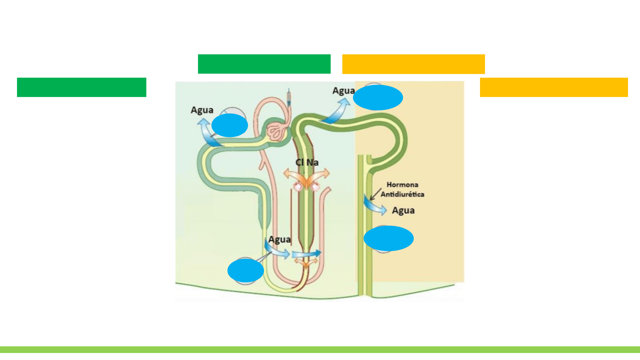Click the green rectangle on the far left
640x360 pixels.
tap(81, 87)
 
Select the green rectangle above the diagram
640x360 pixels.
tap(264, 64)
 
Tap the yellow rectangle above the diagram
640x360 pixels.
tap(413, 64)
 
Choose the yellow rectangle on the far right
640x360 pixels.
tap(554, 87)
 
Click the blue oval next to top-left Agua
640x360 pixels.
tap(230, 125)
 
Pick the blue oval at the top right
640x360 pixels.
tap(378, 97)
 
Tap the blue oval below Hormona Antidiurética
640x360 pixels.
tap(389, 238)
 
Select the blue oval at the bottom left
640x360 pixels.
tap(246, 271)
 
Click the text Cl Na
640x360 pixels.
tap(307, 162)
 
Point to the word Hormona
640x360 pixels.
tap(402, 185)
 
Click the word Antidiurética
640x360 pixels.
tap(402, 194)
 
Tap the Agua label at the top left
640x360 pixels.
tap(202, 110)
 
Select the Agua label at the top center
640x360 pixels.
tap(343, 91)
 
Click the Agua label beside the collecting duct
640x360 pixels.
tap(403, 211)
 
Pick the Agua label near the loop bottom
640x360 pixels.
tap(279, 240)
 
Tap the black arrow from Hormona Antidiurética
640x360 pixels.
tap(376, 194)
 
